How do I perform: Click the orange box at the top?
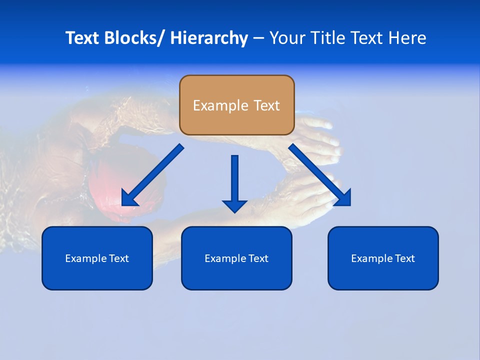[x=236, y=105]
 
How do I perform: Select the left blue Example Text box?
[x=97, y=258]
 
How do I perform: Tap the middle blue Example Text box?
[x=236, y=258]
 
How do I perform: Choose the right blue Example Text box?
[x=383, y=258]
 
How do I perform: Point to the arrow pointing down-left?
[x=152, y=175]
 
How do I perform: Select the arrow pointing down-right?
[x=320, y=175]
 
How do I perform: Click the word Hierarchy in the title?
[x=209, y=38]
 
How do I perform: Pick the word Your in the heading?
[x=287, y=38]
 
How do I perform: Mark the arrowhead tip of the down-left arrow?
[x=123, y=204]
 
